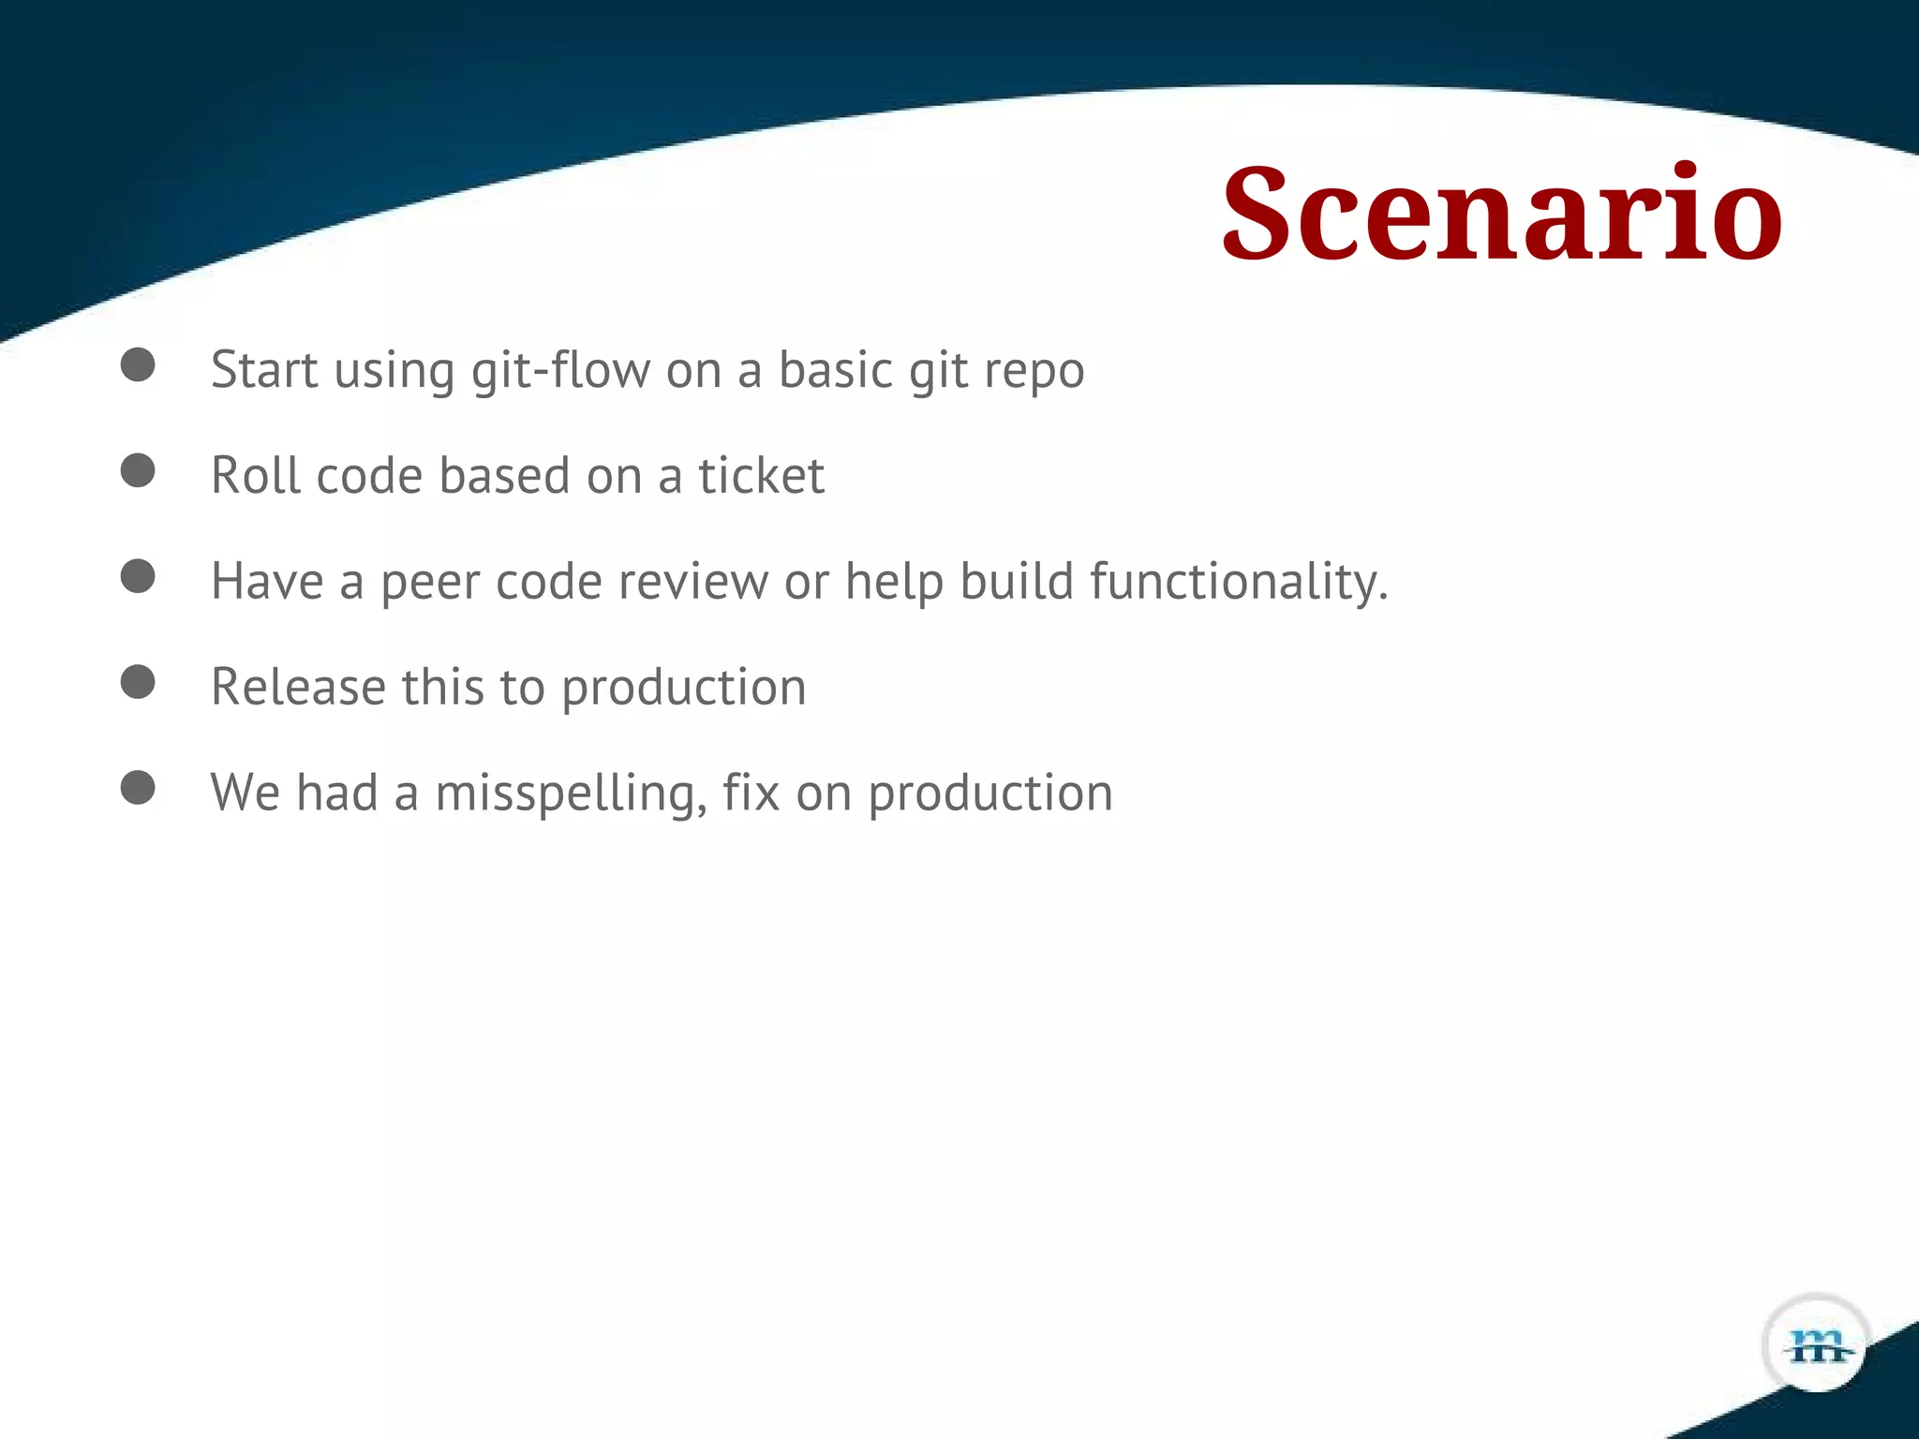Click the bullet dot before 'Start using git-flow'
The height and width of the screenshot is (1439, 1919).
138,364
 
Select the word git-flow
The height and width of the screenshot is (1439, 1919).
560,370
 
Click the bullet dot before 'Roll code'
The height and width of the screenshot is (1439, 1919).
138,470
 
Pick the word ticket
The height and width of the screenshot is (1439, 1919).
761,476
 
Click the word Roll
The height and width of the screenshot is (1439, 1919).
256,476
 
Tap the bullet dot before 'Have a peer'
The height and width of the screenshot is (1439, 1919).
138,576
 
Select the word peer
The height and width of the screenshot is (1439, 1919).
429,583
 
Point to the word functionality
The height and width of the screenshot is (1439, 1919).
1237,582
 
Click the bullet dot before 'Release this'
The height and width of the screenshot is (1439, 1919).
138,682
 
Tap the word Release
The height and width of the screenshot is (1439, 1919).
298,687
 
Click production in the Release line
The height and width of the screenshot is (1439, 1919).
683,689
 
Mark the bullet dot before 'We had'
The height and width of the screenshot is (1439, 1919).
138,788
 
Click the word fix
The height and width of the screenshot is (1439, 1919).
751,793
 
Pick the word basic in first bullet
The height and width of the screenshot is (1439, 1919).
836,370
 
